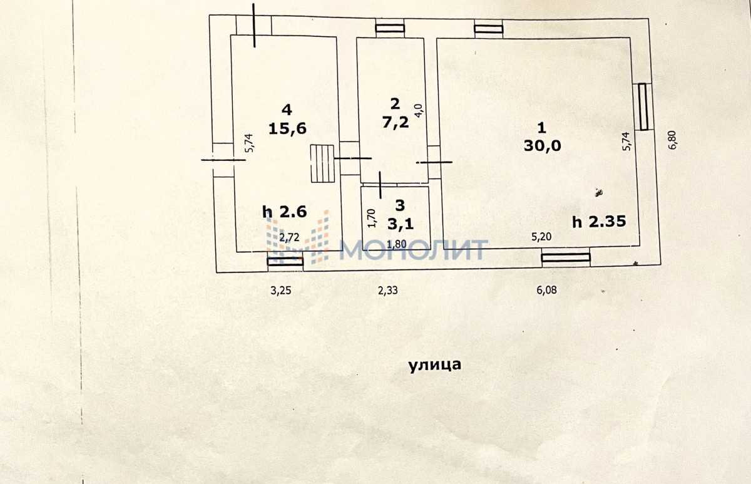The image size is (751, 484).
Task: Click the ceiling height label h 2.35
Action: [x=599, y=221]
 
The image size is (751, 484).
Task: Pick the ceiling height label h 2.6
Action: [x=285, y=212]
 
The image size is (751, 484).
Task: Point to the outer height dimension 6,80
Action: [x=673, y=138]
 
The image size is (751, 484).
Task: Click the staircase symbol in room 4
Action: [x=322, y=163]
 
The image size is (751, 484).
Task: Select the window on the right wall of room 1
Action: [x=643, y=107]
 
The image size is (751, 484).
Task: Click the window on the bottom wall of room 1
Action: [x=566, y=257]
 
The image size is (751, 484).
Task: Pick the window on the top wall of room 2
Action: [x=390, y=28]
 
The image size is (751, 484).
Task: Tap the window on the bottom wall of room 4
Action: [x=285, y=261]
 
